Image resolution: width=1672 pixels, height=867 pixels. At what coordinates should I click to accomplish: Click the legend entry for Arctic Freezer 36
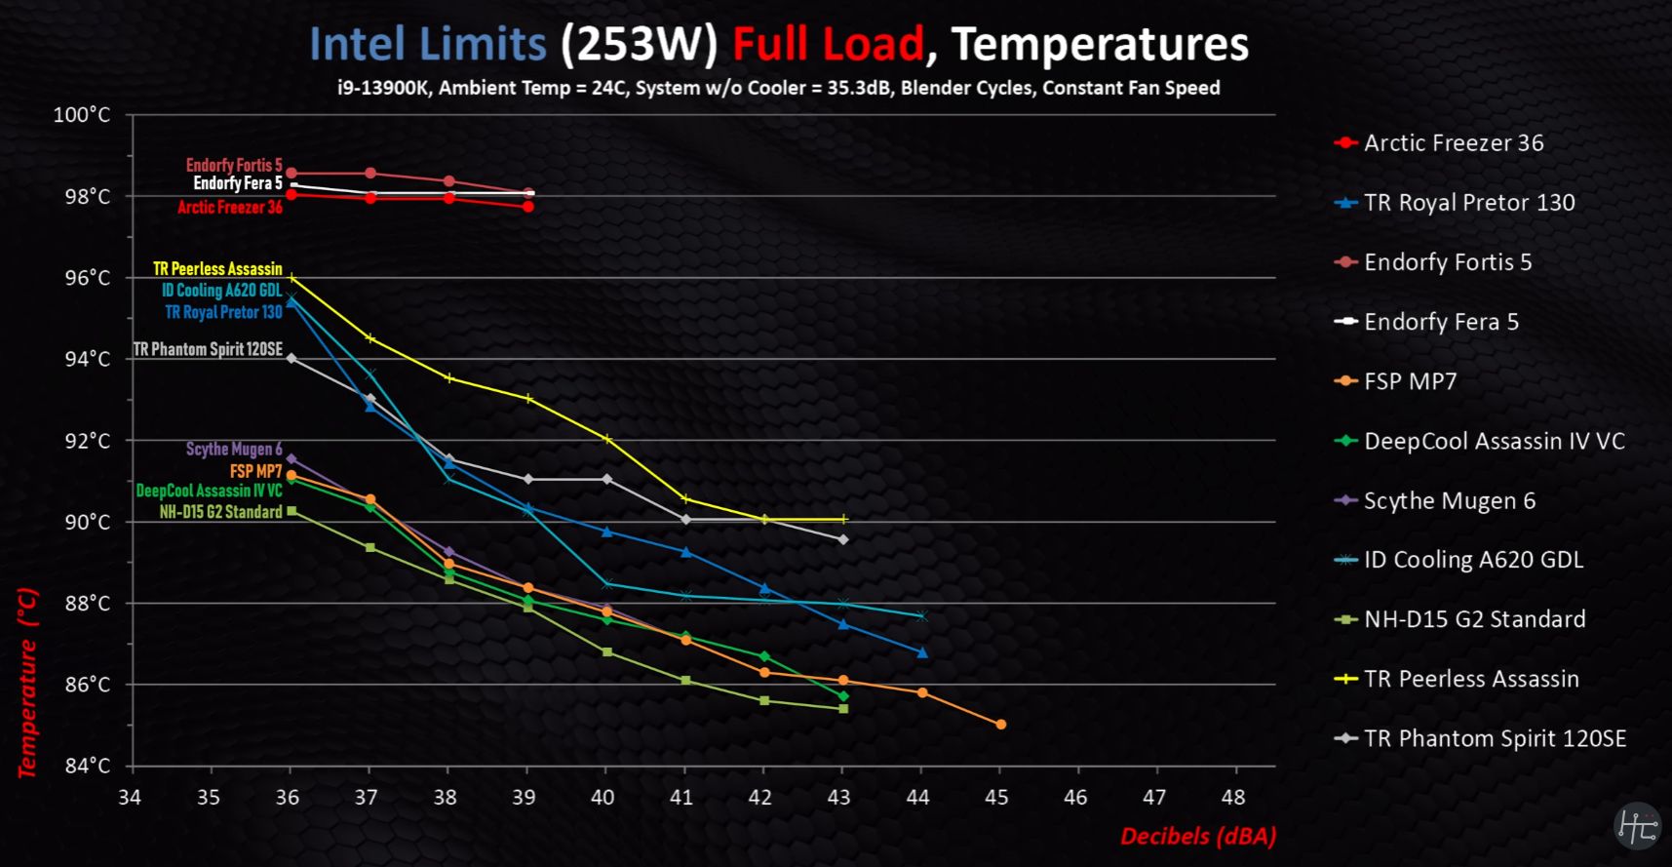coord(1453,143)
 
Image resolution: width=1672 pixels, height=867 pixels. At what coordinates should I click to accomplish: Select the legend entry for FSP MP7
coord(1410,381)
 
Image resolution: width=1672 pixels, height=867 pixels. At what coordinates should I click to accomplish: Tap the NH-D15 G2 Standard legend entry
coord(1474,619)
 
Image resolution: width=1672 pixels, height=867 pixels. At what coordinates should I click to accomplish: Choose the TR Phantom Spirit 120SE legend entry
coord(1495,738)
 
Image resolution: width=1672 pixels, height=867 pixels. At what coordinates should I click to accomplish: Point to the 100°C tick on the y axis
coord(82,115)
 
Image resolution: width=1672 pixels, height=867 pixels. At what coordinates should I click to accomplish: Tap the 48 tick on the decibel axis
coord(1233,798)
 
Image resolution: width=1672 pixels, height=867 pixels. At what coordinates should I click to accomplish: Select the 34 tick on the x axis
coord(130,798)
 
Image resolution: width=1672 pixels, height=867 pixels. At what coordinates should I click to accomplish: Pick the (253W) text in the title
coord(639,45)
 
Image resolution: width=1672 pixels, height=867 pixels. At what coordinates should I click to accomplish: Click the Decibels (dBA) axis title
coord(1198,836)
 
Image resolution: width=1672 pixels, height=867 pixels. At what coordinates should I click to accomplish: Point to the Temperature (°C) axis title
coord(27,683)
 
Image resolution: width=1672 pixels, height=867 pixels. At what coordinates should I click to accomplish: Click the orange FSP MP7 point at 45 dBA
coord(1000,725)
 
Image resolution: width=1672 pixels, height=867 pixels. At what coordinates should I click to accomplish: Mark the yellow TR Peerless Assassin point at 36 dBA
coord(292,278)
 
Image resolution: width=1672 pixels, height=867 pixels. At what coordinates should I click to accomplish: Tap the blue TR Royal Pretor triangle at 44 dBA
coord(922,652)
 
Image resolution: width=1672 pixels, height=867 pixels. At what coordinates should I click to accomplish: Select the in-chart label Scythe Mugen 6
coord(234,449)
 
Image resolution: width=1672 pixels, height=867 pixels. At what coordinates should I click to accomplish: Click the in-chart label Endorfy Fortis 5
coord(234,166)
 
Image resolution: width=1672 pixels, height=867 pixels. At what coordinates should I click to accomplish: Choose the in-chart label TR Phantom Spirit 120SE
coord(208,349)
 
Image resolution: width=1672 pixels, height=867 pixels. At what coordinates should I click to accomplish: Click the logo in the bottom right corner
coord(1636,826)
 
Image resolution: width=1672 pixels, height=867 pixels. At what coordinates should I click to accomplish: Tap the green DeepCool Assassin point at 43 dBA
coord(843,696)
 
